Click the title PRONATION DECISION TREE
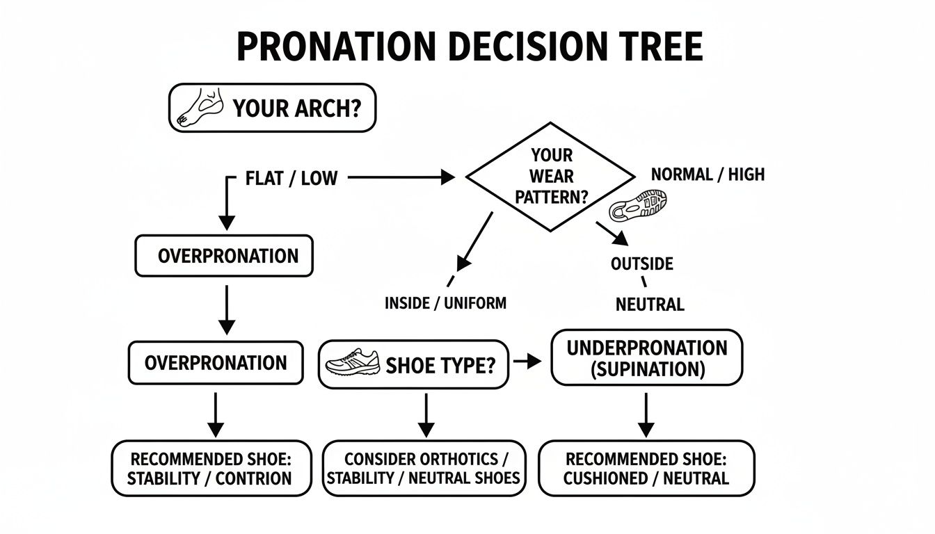coord(470,47)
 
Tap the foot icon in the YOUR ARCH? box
coord(201,107)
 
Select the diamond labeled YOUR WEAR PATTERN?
coord(550,177)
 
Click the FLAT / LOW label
coord(291,178)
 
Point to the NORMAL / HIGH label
coord(708,174)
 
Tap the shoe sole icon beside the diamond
coord(639,204)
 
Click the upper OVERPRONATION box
coord(223,256)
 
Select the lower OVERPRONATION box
coord(216,362)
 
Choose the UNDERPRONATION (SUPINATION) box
coord(647,358)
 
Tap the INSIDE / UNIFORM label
coord(445,303)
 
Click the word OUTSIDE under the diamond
coord(641,264)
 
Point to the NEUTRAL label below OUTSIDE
coord(650,304)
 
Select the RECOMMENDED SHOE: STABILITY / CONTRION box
coord(211,468)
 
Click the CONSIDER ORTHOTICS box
coord(424,468)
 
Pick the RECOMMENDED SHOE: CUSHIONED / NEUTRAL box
coord(646,468)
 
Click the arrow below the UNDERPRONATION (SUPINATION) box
coord(646,414)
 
